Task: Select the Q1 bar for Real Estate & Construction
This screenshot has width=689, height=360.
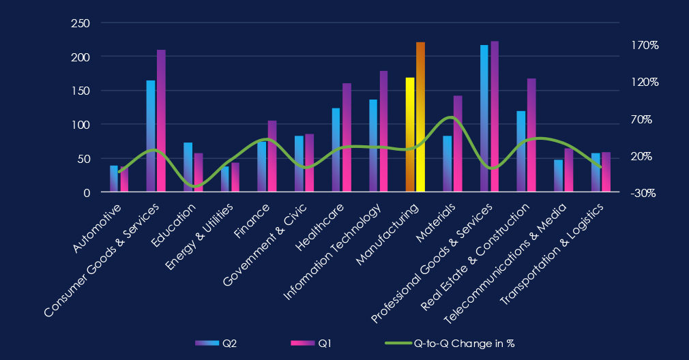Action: [x=531, y=136]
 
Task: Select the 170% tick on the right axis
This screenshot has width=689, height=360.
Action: [x=644, y=45]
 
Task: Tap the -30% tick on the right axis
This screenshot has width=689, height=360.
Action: [x=643, y=193]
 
